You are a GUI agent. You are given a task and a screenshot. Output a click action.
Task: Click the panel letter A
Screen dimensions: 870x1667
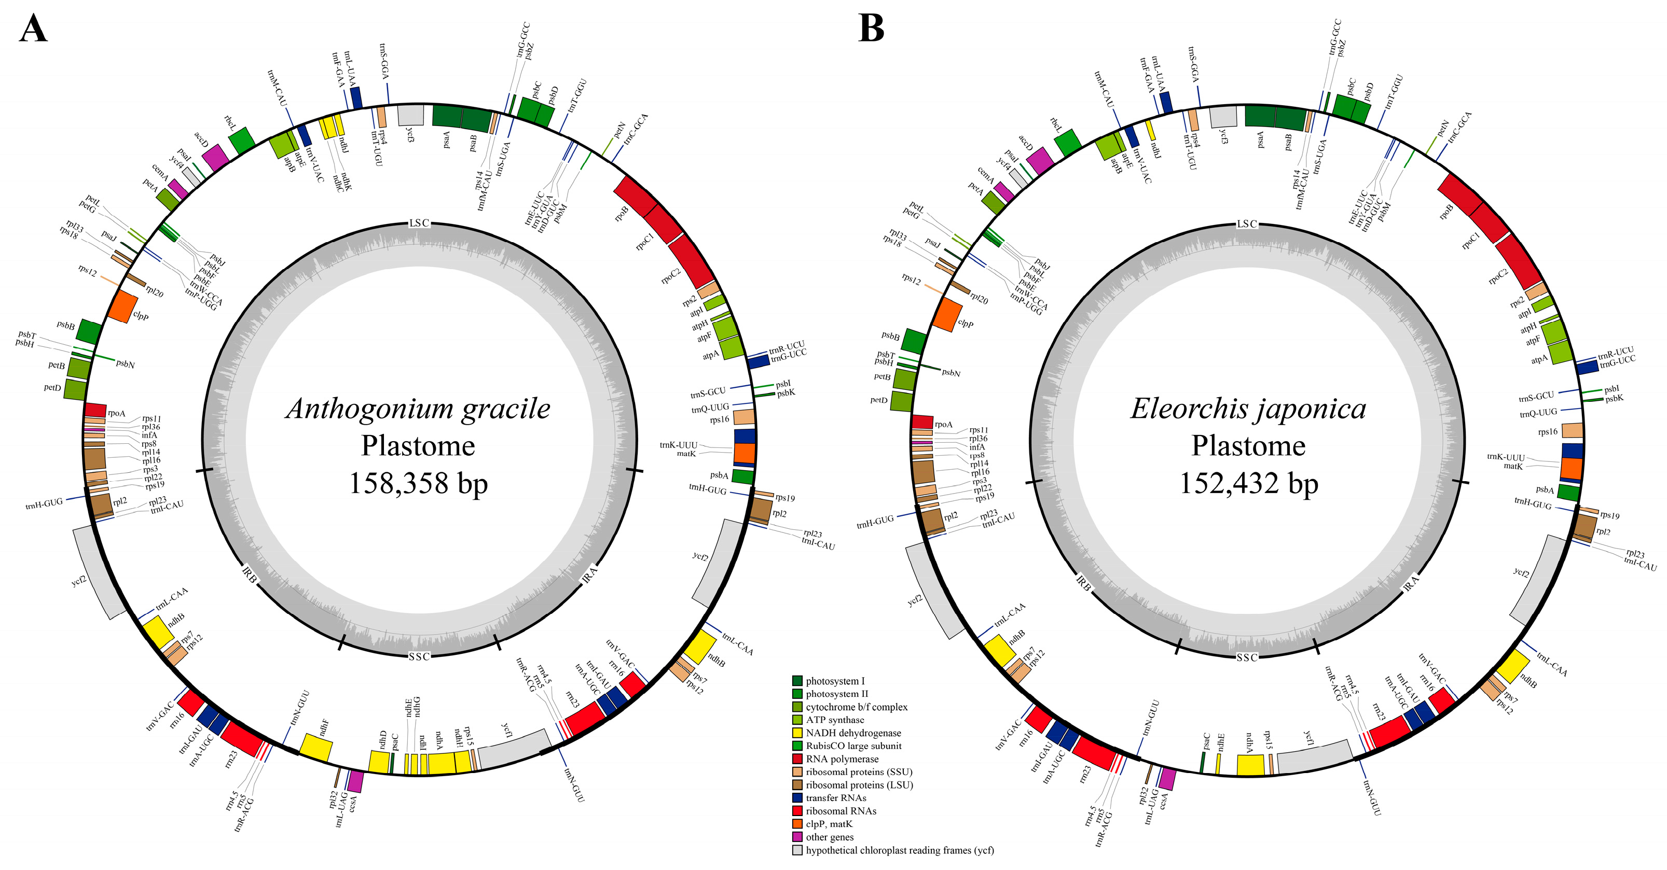(33, 29)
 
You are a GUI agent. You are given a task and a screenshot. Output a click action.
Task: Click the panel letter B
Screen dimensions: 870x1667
(871, 29)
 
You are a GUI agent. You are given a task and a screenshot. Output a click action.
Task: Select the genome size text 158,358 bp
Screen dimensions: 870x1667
(418, 483)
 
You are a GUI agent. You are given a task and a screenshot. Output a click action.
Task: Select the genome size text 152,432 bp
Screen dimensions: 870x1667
(1248, 483)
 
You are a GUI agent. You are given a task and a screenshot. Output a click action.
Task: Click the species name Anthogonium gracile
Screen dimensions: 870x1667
(418, 409)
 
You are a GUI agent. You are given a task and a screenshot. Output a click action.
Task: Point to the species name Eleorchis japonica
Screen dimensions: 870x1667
(1248, 409)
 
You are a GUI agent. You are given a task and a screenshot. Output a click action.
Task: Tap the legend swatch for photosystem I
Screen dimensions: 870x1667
(797, 680)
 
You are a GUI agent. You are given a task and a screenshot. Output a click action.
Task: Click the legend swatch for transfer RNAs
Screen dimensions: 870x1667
(797, 797)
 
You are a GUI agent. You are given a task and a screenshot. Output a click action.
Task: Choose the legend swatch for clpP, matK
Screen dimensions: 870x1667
(797, 823)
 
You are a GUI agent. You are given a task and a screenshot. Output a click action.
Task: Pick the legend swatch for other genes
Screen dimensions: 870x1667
(797, 836)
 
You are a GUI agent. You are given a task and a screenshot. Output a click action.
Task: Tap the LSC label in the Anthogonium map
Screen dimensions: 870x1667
(419, 223)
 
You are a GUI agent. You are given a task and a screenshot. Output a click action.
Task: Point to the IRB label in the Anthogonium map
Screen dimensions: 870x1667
(250, 574)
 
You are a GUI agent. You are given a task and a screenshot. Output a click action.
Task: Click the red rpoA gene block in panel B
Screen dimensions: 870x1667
(921, 422)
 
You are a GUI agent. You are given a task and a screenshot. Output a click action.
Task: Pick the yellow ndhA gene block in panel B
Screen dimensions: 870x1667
(1250, 765)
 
